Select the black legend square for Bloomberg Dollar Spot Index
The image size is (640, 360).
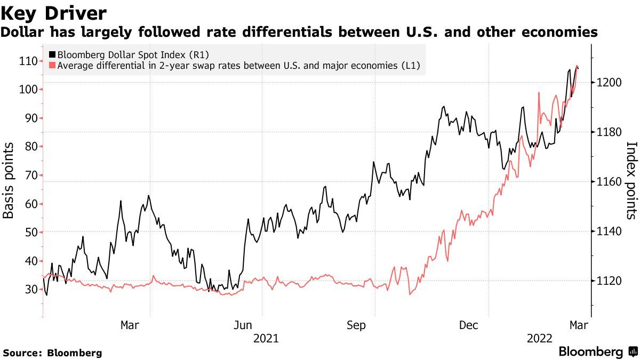[52, 54]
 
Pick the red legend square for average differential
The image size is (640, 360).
[52, 66]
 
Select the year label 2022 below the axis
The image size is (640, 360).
[539, 338]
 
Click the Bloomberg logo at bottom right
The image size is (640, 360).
[598, 352]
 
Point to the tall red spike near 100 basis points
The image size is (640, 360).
[539, 93]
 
